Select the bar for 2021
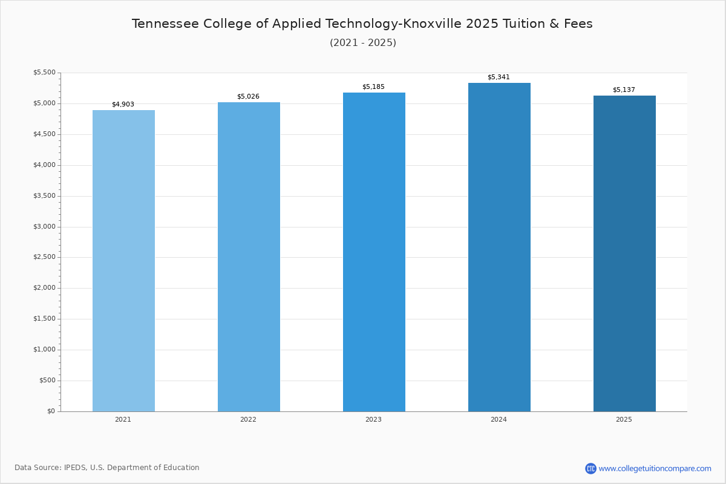(123, 261)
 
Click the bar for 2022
(249, 257)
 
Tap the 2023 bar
(374, 252)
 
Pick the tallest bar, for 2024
(499, 247)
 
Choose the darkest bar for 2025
(624, 253)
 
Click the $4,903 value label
(123, 104)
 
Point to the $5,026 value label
(248, 97)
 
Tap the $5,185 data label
(373, 87)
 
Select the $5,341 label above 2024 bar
(499, 77)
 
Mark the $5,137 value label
(624, 90)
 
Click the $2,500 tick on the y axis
(44, 257)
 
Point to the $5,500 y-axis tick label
(44, 73)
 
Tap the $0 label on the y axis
(51, 411)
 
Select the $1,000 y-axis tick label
(44, 350)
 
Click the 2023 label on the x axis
(373, 420)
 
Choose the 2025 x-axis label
(624, 420)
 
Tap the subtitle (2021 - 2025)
(363, 43)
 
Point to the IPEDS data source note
(107, 468)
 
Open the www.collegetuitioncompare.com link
(655, 468)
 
